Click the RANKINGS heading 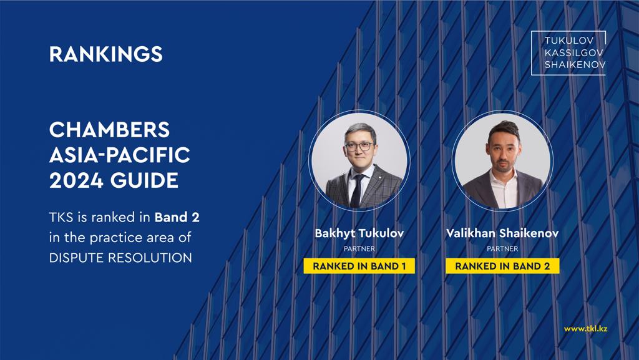[x=106, y=54]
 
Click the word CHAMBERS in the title [x=109, y=130]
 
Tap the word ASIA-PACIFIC [x=120, y=155]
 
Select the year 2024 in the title [x=76, y=180]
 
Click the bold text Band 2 [x=177, y=218]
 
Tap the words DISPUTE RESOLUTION [x=120, y=258]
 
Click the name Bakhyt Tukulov [x=359, y=233]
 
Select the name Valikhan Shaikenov [x=502, y=233]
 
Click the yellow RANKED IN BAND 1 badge [x=359, y=266]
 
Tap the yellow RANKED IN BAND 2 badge [x=502, y=266]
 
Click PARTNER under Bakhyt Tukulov [x=359, y=249]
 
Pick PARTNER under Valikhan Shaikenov [x=502, y=249]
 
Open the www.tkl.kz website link [x=585, y=329]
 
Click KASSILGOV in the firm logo [x=574, y=52]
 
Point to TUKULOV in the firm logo [x=569, y=41]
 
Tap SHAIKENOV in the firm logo [x=575, y=65]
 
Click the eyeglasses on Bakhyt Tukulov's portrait [x=359, y=147]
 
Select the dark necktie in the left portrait [x=356, y=190]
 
